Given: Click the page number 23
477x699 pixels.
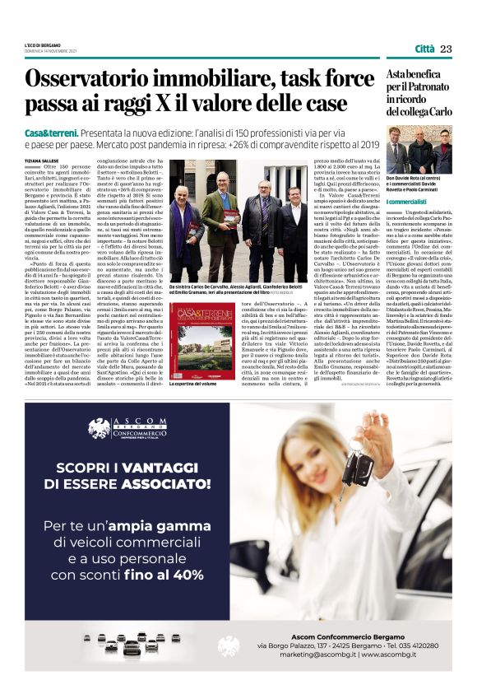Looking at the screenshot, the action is click(447, 49).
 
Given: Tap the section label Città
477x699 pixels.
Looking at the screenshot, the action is click(424, 49).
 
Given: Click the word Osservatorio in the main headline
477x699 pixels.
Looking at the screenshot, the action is click(85, 80).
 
